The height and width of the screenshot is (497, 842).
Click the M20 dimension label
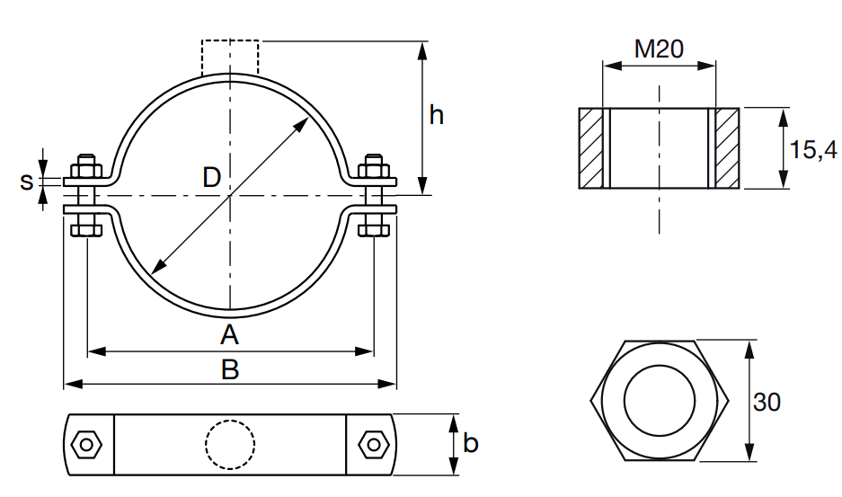click(659, 49)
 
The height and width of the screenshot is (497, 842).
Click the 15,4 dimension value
click(813, 149)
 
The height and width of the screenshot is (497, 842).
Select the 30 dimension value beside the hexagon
click(767, 402)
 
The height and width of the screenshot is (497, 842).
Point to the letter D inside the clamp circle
click(211, 177)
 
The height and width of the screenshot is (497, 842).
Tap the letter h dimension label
click(436, 115)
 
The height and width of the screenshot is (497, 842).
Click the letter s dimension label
click(26, 182)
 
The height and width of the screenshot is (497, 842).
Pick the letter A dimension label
click(229, 334)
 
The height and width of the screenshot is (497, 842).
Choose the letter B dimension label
click(230, 369)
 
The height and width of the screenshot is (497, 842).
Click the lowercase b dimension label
click(470, 443)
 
